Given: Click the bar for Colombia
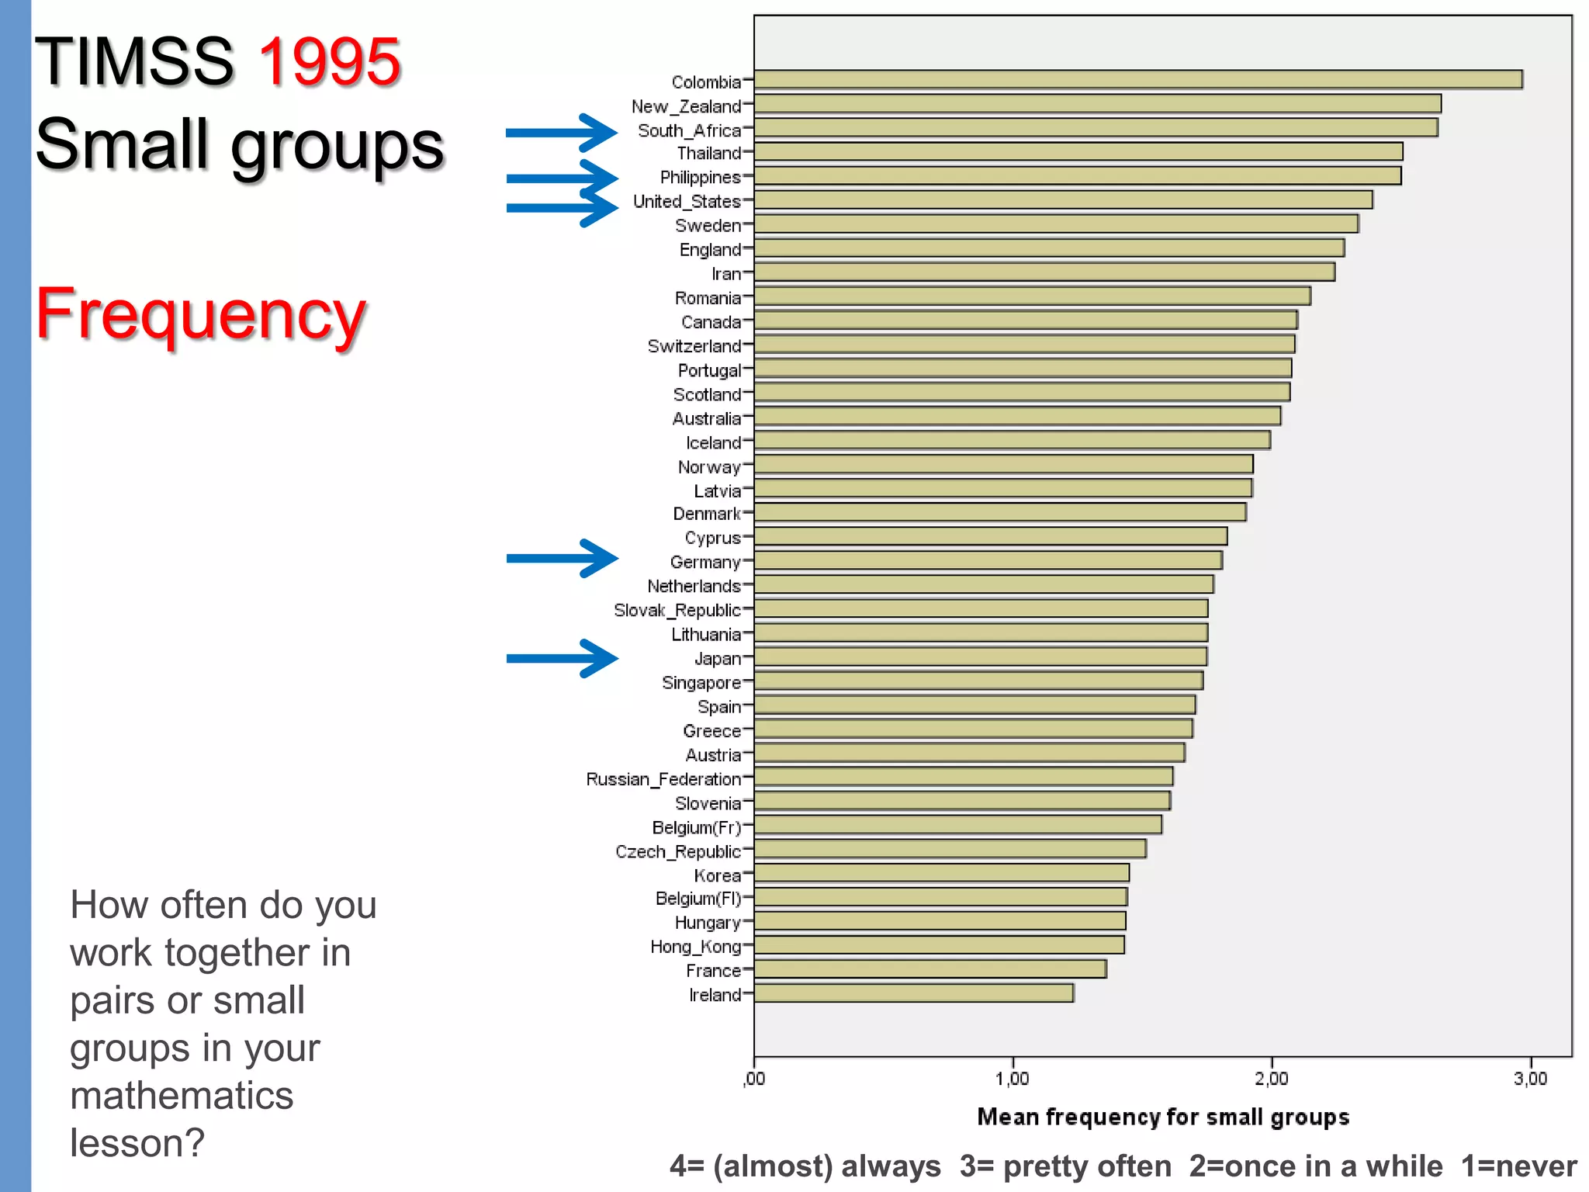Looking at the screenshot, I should click(x=1137, y=80).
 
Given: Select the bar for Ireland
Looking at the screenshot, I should click(x=913, y=993).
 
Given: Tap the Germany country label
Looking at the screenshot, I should click(x=704, y=562).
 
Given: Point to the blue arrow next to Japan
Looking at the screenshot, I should click(x=562, y=658).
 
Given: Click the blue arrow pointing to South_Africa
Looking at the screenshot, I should click(x=562, y=133).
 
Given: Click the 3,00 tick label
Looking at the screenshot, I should click(x=1530, y=1079).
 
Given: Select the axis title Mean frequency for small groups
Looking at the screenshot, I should click(x=1163, y=1117).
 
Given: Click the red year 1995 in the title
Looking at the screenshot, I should click(x=329, y=62).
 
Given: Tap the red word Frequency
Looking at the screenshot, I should click(x=201, y=314).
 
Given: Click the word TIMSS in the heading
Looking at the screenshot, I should click(x=134, y=62).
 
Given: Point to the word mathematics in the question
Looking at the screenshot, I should click(x=182, y=1096).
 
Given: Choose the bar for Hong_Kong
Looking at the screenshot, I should click(x=939, y=945).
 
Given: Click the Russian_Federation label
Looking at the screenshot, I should click(x=663, y=779).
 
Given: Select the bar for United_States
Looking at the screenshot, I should click(x=1063, y=200).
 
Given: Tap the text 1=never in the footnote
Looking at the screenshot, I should click(x=1518, y=1166).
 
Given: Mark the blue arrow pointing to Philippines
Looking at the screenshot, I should click(x=562, y=178).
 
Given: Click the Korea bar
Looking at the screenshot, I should click(x=941, y=873).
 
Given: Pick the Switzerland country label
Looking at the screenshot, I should click(x=694, y=346).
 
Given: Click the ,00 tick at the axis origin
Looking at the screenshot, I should click(x=754, y=1079).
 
